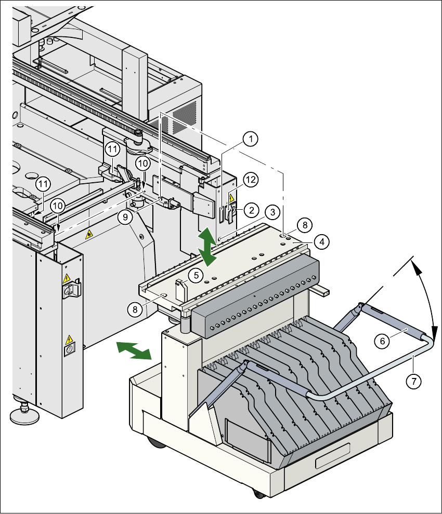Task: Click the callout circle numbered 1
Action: click(x=251, y=139)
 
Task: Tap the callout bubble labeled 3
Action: click(x=270, y=212)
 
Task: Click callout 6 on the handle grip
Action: click(x=382, y=341)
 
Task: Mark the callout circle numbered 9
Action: click(x=125, y=217)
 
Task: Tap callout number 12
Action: click(x=251, y=180)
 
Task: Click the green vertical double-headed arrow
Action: click(x=207, y=247)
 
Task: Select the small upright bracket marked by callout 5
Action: click(x=180, y=289)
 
